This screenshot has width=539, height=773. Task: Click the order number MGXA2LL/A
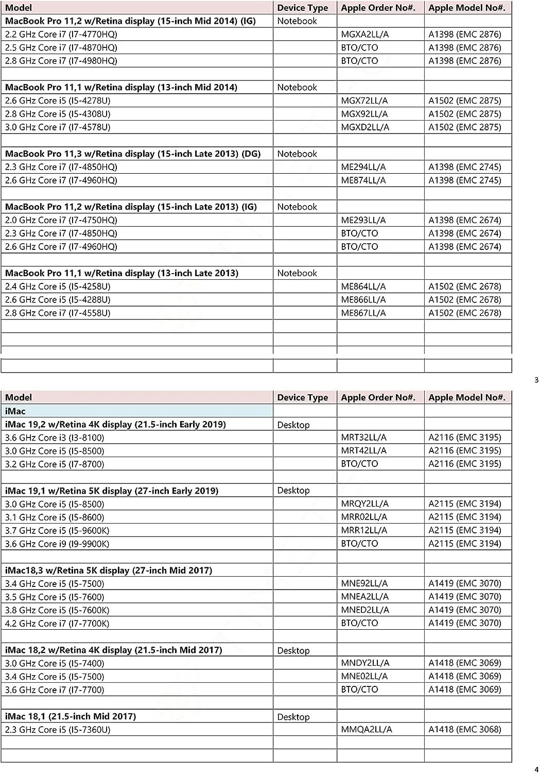click(x=364, y=35)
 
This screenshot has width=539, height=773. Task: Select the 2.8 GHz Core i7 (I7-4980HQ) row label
click(x=61, y=61)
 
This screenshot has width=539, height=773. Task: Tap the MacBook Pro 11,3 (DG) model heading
click(x=133, y=154)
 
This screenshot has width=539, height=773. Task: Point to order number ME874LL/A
click(x=363, y=180)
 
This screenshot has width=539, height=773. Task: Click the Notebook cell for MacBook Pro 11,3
click(x=297, y=154)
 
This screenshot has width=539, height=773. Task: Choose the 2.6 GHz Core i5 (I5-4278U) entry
click(x=58, y=100)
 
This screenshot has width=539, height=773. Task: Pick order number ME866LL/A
click(x=363, y=300)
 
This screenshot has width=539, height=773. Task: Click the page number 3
click(x=536, y=380)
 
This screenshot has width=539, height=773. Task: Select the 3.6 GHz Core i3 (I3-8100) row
click(x=55, y=438)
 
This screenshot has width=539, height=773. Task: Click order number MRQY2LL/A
click(x=364, y=503)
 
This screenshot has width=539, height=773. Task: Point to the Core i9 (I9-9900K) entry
click(x=57, y=544)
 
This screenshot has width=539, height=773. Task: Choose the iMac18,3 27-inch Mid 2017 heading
click(x=109, y=570)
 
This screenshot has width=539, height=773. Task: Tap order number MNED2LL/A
click(x=365, y=610)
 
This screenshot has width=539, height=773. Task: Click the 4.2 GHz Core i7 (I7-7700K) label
click(x=57, y=624)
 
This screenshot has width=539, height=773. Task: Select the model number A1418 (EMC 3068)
click(x=464, y=729)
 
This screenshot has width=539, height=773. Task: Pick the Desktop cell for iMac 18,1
click(x=293, y=717)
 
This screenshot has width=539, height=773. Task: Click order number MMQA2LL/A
click(x=366, y=729)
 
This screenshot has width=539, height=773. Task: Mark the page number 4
click(x=536, y=770)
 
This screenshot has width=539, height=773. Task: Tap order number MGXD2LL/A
click(x=365, y=127)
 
